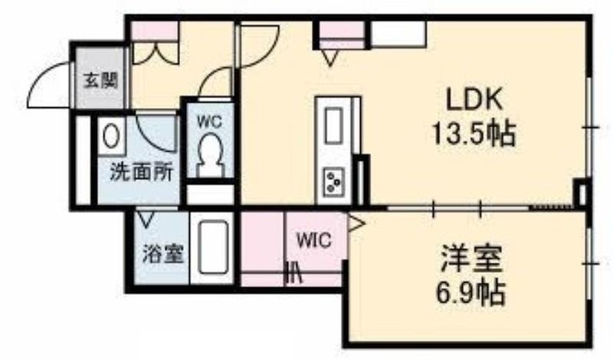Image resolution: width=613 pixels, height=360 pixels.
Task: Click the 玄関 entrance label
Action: (x=101, y=81)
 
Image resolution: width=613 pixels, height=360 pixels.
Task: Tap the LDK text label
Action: (x=474, y=100)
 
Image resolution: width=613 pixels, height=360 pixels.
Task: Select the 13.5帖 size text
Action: (x=474, y=134)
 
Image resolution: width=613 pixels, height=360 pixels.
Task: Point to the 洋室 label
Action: (x=471, y=258)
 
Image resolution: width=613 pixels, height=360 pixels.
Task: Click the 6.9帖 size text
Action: (x=470, y=293)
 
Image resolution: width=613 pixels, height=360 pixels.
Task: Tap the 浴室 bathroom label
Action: (x=162, y=254)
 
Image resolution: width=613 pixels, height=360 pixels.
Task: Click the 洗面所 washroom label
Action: (x=142, y=172)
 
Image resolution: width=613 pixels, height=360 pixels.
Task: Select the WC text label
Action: (x=208, y=122)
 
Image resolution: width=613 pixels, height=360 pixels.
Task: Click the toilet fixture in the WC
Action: (x=210, y=155)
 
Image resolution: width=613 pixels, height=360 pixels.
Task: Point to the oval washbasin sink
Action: (x=111, y=135)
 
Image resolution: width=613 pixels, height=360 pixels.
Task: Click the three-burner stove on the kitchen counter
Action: (x=334, y=181)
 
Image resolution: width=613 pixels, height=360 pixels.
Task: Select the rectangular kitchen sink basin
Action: (x=334, y=126)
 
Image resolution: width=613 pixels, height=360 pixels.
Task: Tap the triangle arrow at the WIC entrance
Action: (x=356, y=224)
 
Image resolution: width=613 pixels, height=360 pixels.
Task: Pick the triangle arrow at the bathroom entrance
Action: (x=146, y=220)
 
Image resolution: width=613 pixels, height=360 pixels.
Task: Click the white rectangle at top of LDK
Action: (x=398, y=34)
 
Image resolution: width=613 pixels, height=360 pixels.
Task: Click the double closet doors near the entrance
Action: (x=156, y=54)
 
